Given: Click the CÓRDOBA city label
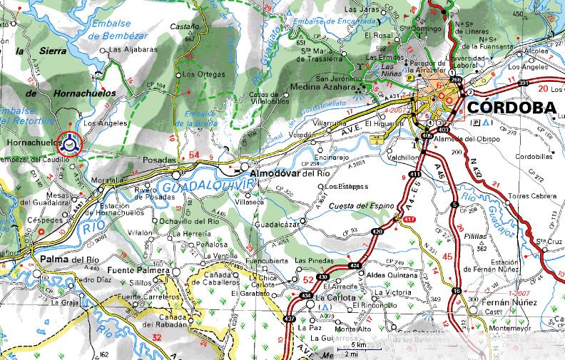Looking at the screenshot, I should tap(513, 108).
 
